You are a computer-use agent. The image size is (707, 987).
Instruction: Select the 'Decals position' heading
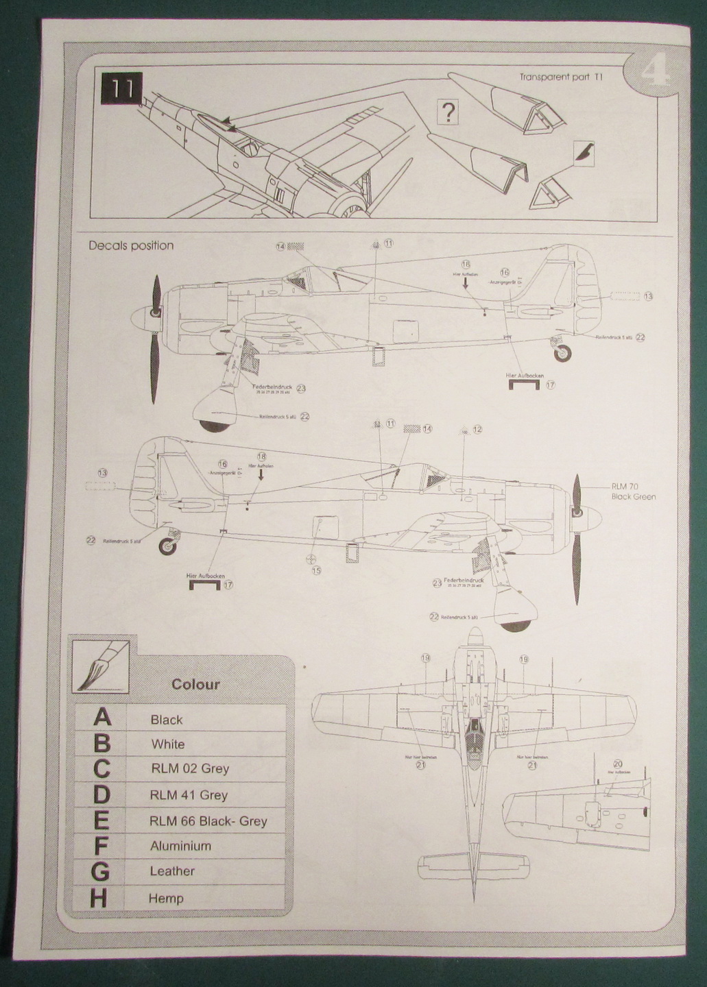(131, 245)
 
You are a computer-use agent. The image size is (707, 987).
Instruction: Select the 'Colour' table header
(195, 684)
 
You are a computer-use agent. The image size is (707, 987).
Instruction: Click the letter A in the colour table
(101, 718)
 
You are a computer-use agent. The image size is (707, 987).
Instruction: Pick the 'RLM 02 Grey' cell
(190, 768)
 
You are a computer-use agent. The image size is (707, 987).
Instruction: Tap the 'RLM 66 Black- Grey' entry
(208, 820)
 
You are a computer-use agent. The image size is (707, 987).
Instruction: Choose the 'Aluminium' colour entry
(180, 846)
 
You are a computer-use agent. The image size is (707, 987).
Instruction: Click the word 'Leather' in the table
(172, 871)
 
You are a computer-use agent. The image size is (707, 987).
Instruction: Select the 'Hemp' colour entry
(166, 898)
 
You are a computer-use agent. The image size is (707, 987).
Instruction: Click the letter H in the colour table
(99, 898)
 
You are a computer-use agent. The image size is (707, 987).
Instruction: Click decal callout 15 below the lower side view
(315, 570)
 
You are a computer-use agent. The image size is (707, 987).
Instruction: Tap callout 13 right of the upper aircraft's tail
(648, 297)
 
